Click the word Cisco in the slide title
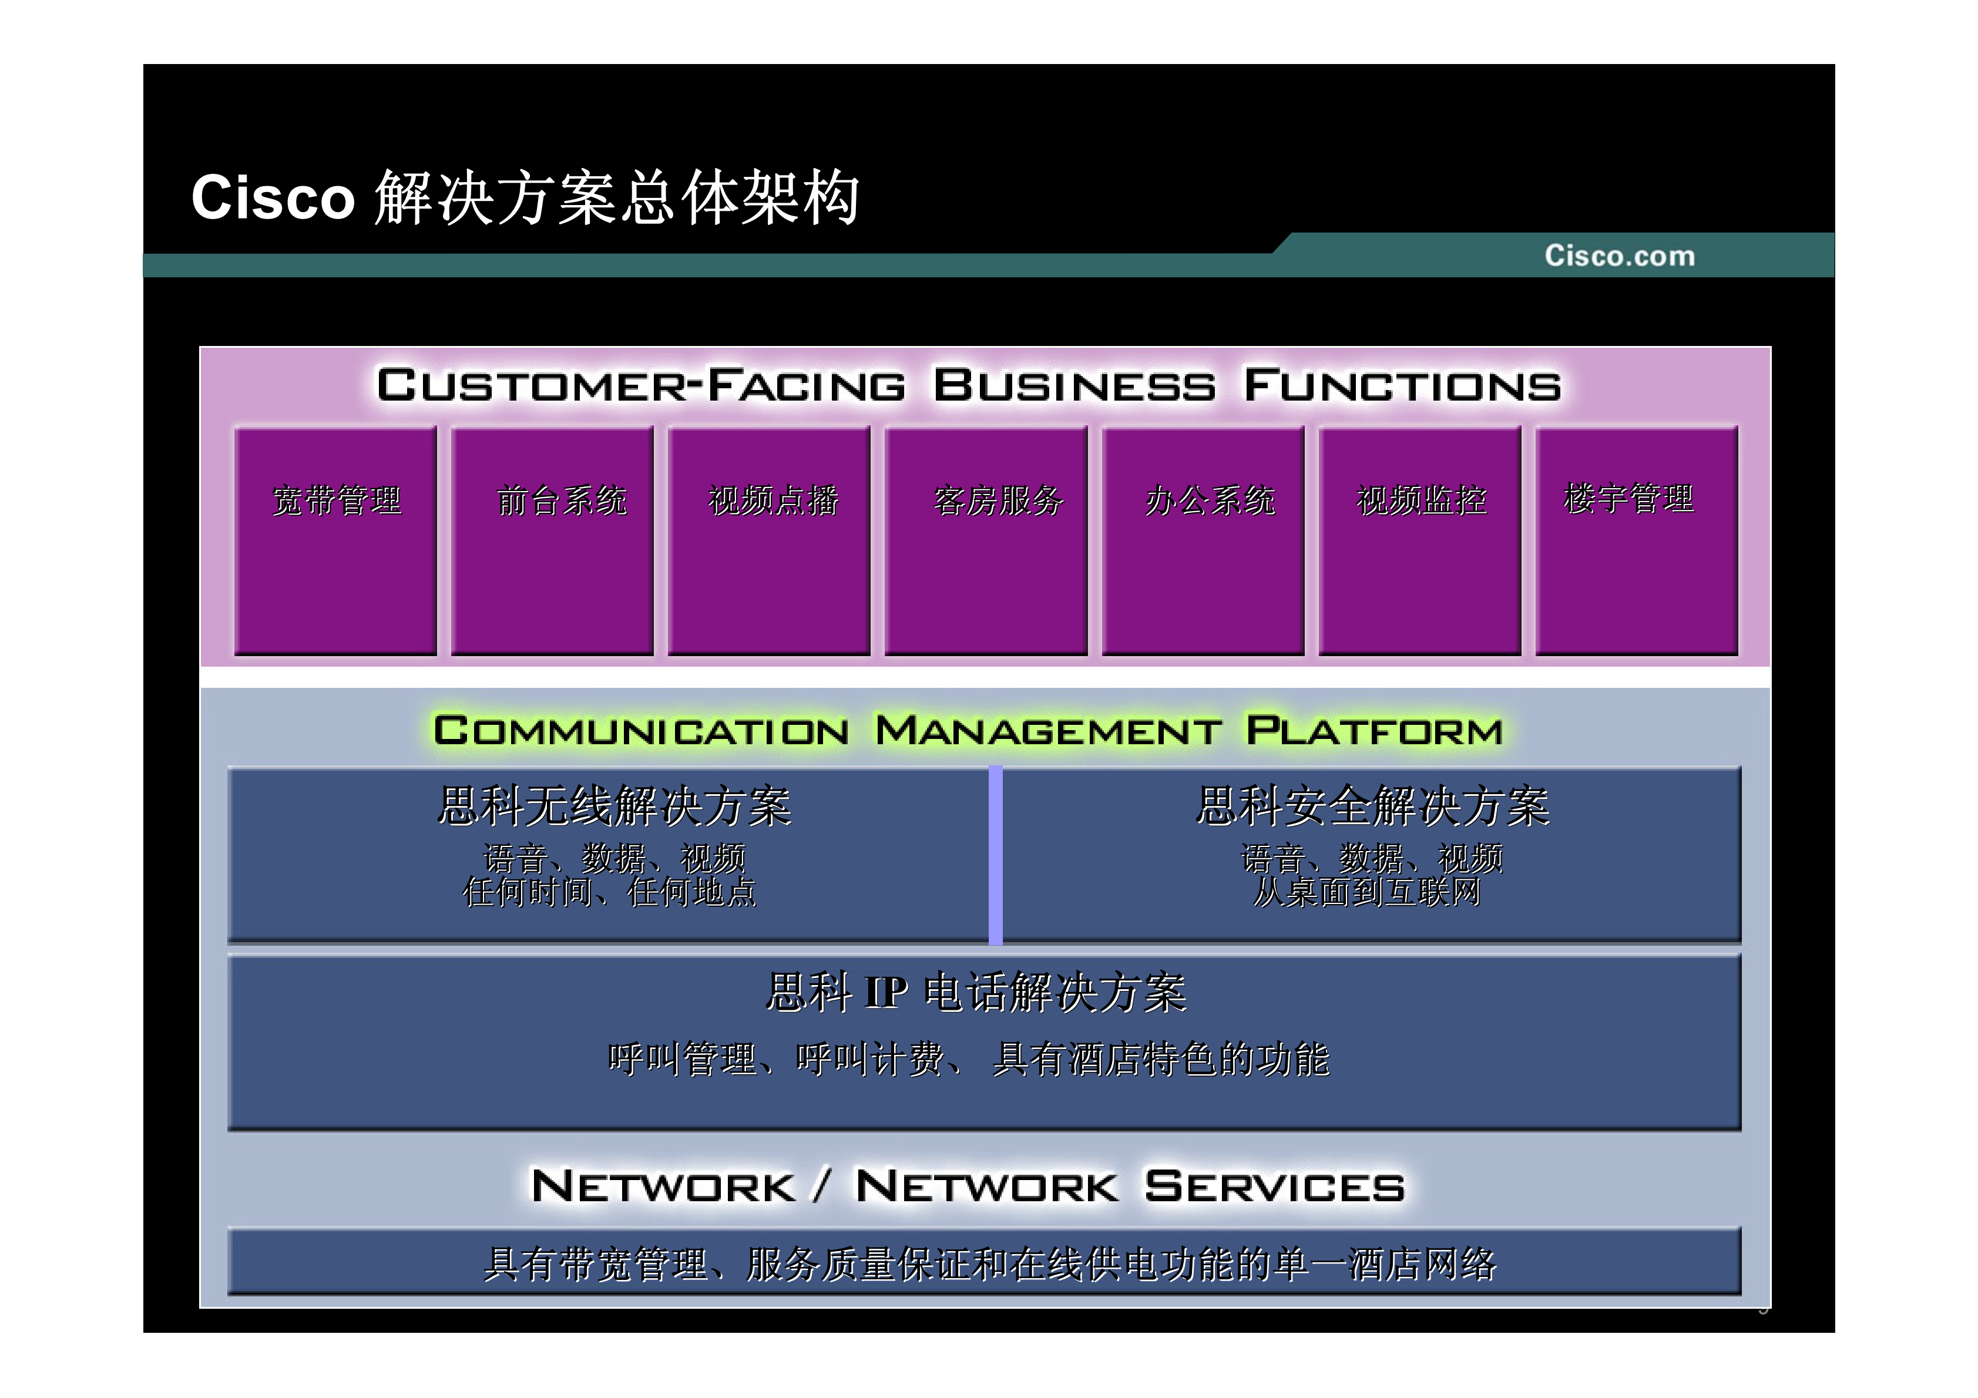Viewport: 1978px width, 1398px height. coord(272,198)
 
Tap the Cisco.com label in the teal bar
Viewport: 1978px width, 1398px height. coord(1618,256)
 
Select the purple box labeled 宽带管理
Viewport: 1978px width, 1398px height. coord(335,541)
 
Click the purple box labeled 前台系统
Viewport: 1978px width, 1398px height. coord(552,541)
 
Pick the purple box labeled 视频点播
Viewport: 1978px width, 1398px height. coord(770,541)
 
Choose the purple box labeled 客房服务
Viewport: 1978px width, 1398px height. coord(986,541)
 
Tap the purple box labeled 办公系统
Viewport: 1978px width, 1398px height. coord(1204,541)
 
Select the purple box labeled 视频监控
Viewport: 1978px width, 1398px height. coord(1420,541)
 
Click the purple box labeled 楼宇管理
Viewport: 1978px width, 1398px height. coord(1637,541)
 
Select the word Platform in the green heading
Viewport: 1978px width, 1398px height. coord(1374,731)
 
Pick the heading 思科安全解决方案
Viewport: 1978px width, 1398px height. coord(1373,806)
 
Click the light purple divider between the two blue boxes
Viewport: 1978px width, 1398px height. coord(995,855)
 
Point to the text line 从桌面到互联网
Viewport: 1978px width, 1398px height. coord(1367,892)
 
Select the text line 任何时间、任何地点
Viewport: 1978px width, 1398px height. coord(609,892)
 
